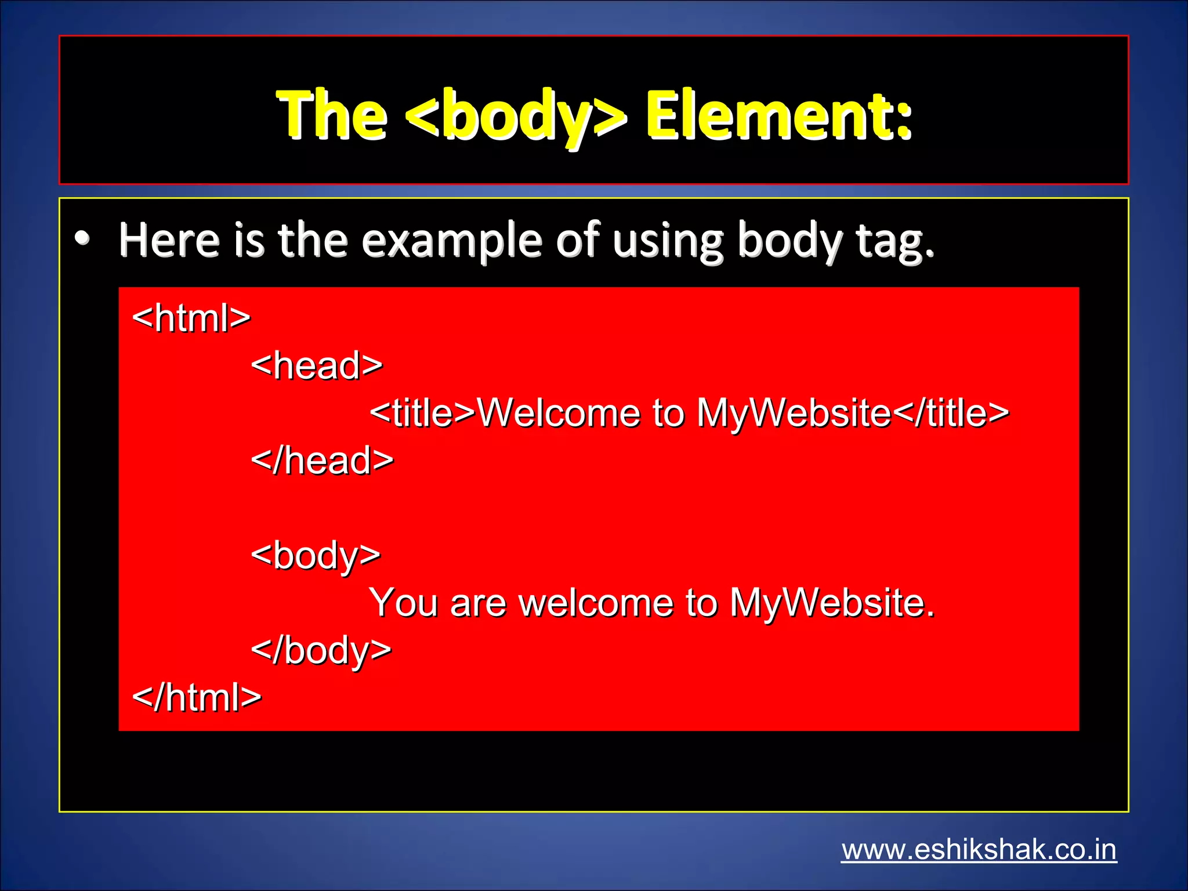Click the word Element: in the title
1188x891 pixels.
[x=778, y=116]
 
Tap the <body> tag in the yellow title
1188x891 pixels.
[x=516, y=116]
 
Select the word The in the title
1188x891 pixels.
[x=332, y=116]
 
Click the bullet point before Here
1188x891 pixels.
[x=82, y=239]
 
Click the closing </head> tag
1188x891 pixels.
[x=323, y=461]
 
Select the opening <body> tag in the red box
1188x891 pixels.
[x=316, y=556]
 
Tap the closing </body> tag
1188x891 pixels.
[x=321, y=650]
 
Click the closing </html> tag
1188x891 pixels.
[x=197, y=697]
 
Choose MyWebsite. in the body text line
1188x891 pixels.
[x=832, y=603]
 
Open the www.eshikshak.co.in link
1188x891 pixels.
[x=979, y=850]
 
